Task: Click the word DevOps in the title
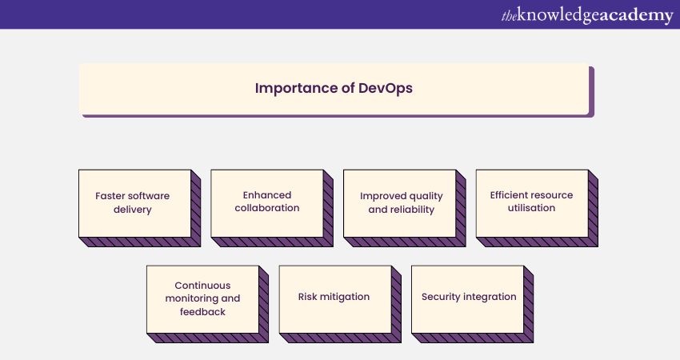pos(385,88)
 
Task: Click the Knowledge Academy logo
pos(587,16)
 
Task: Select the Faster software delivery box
pos(140,208)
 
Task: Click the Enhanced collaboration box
pos(272,208)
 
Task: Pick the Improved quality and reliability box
pos(405,208)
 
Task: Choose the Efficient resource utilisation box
pos(537,208)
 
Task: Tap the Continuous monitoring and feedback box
pos(207,304)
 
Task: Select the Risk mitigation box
pos(340,304)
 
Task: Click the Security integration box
pos(472,304)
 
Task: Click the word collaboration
pos(267,208)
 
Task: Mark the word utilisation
pos(531,208)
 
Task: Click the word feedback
pos(202,311)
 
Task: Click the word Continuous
pos(202,286)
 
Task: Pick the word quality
pos(426,196)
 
